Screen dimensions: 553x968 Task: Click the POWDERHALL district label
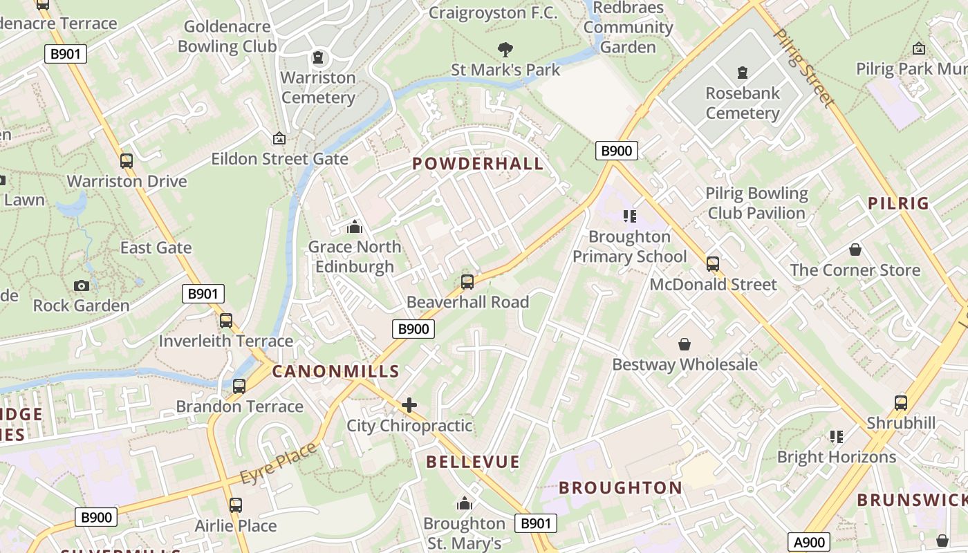point(478,164)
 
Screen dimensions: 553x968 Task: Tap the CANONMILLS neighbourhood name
point(335,371)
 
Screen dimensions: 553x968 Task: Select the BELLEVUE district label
point(472,462)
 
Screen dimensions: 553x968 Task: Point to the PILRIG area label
point(898,203)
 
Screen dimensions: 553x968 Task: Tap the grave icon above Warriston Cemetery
point(318,57)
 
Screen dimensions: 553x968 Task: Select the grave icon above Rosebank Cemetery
point(743,72)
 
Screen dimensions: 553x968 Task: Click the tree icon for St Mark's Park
point(505,49)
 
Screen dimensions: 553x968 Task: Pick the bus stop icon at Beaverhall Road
point(467,282)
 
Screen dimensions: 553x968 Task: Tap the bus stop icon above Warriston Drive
point(126,161)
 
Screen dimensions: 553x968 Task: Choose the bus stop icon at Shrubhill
point(901,403)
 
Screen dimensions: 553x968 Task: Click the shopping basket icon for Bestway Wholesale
point(685,344)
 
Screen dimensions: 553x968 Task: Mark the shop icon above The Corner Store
point(855,250)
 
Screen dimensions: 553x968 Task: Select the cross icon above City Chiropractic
point(409,405)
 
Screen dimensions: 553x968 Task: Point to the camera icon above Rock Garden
point(81,285)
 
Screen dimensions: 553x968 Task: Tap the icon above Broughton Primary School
point(629,216)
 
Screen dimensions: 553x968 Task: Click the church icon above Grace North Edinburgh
point(355,227)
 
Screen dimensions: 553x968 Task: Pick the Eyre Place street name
point(278,463)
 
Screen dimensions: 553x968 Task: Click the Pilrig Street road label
point(803,67)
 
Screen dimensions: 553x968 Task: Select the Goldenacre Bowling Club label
point(227,37)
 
